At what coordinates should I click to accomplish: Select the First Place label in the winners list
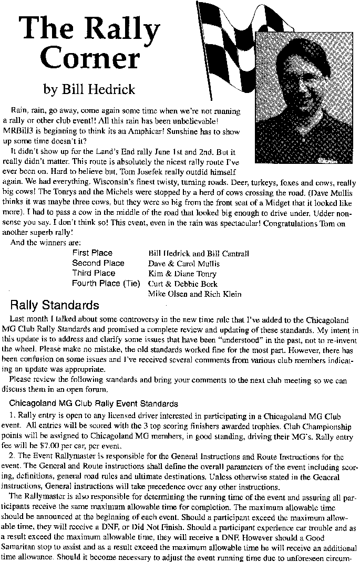coord(92,253)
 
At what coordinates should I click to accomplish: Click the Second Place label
coord(98,263)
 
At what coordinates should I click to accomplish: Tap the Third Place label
coord(94,273)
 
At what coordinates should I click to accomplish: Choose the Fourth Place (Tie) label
coord(106,284)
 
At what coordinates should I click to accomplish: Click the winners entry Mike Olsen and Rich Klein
coord(190,294)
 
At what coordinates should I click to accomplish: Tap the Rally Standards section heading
coord(55,306)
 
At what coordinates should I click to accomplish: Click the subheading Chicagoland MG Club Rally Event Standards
coord(94,404)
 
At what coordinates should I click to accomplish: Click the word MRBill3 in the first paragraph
coord(17,131)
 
